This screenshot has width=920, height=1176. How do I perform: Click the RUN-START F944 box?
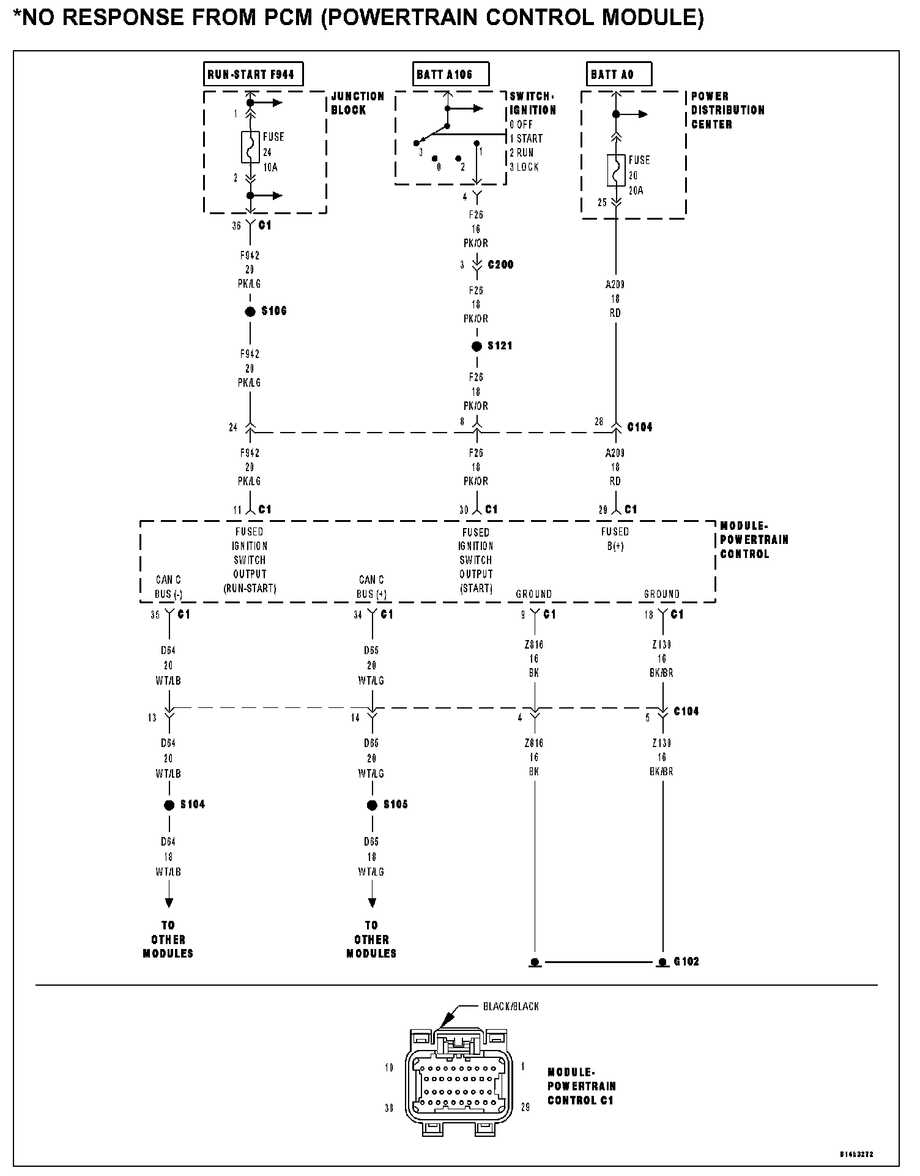[x=253, y=75]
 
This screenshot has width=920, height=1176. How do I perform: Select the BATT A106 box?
[x=451, y=75]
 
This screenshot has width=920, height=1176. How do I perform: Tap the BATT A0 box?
[x=618, y=75]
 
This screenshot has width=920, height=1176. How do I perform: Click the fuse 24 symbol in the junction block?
[x=250, y=147]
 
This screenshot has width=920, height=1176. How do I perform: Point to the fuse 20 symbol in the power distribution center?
[x=616, y=170]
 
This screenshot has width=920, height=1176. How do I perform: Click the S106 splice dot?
[x=250, y=312]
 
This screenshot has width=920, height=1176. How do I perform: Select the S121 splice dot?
[x=477, y=346]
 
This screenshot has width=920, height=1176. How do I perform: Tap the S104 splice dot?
[x=169, y=805]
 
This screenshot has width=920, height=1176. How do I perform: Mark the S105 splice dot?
[x=372, y=805]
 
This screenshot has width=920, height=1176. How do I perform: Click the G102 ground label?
[x=686, y=961]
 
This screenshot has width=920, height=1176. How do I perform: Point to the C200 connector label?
[x=500, y=265]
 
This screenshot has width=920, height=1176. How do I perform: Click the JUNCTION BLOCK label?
[x=358, y=103]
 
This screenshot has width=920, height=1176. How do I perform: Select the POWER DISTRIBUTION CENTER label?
[x=727, y=110]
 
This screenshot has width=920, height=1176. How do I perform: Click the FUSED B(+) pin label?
[x=615, y=538]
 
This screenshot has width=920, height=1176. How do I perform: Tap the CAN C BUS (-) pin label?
[x=168, y=587]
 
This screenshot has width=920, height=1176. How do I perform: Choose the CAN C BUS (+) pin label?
[x=371, y=587]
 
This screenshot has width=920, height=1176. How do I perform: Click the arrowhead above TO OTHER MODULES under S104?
[x=169, y=902]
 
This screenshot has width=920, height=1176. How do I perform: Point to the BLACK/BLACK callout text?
[x=510, y=1007]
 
